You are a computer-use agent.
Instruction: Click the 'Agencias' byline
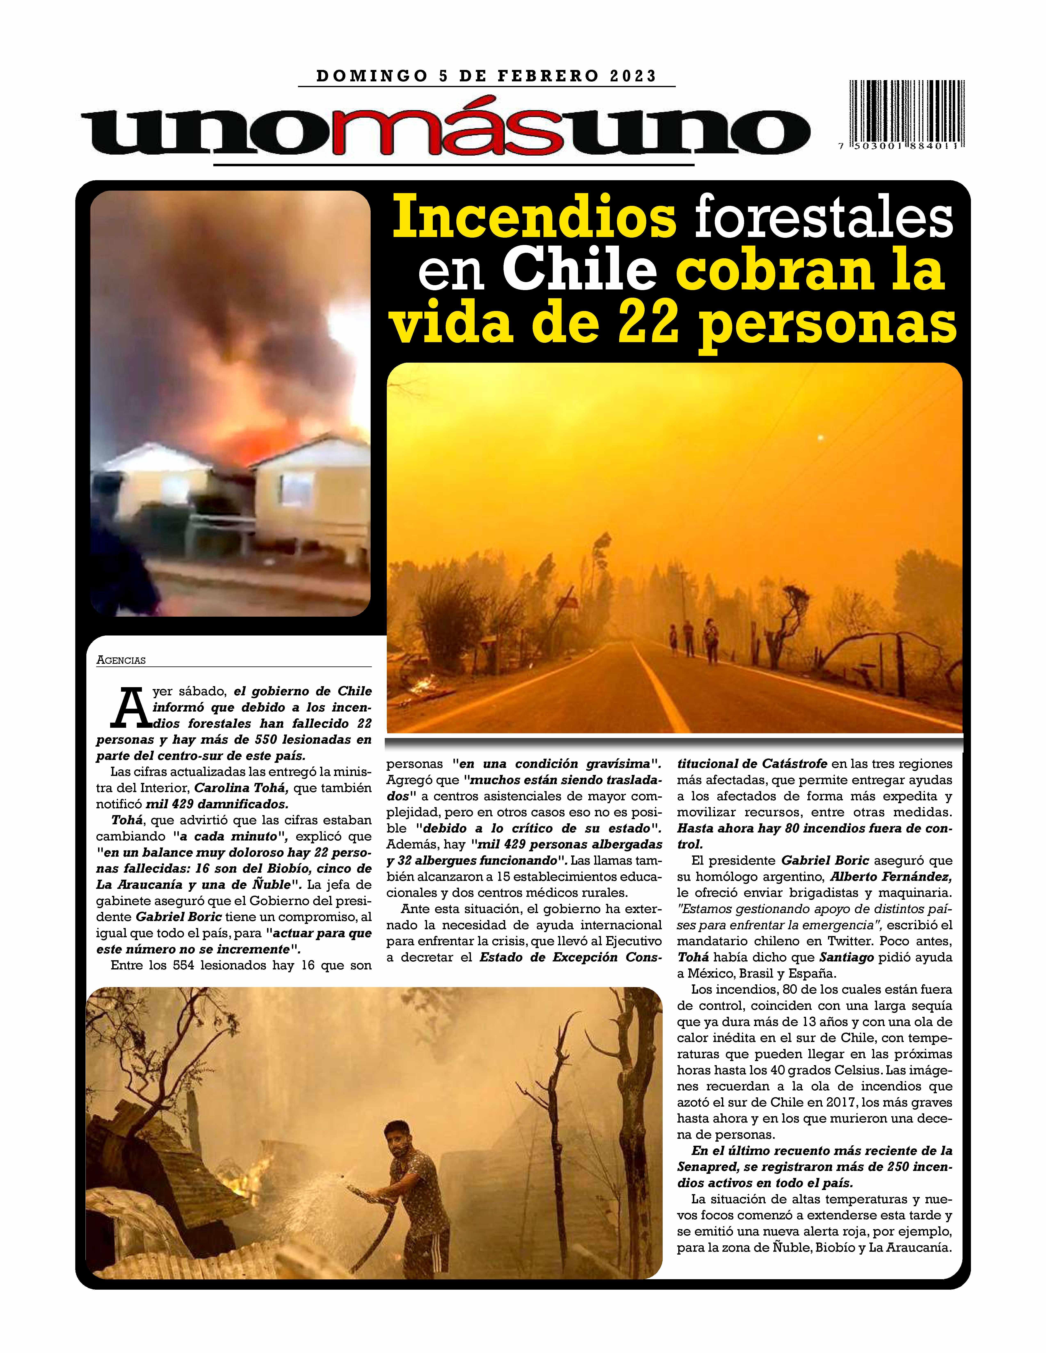click(121, 660)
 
